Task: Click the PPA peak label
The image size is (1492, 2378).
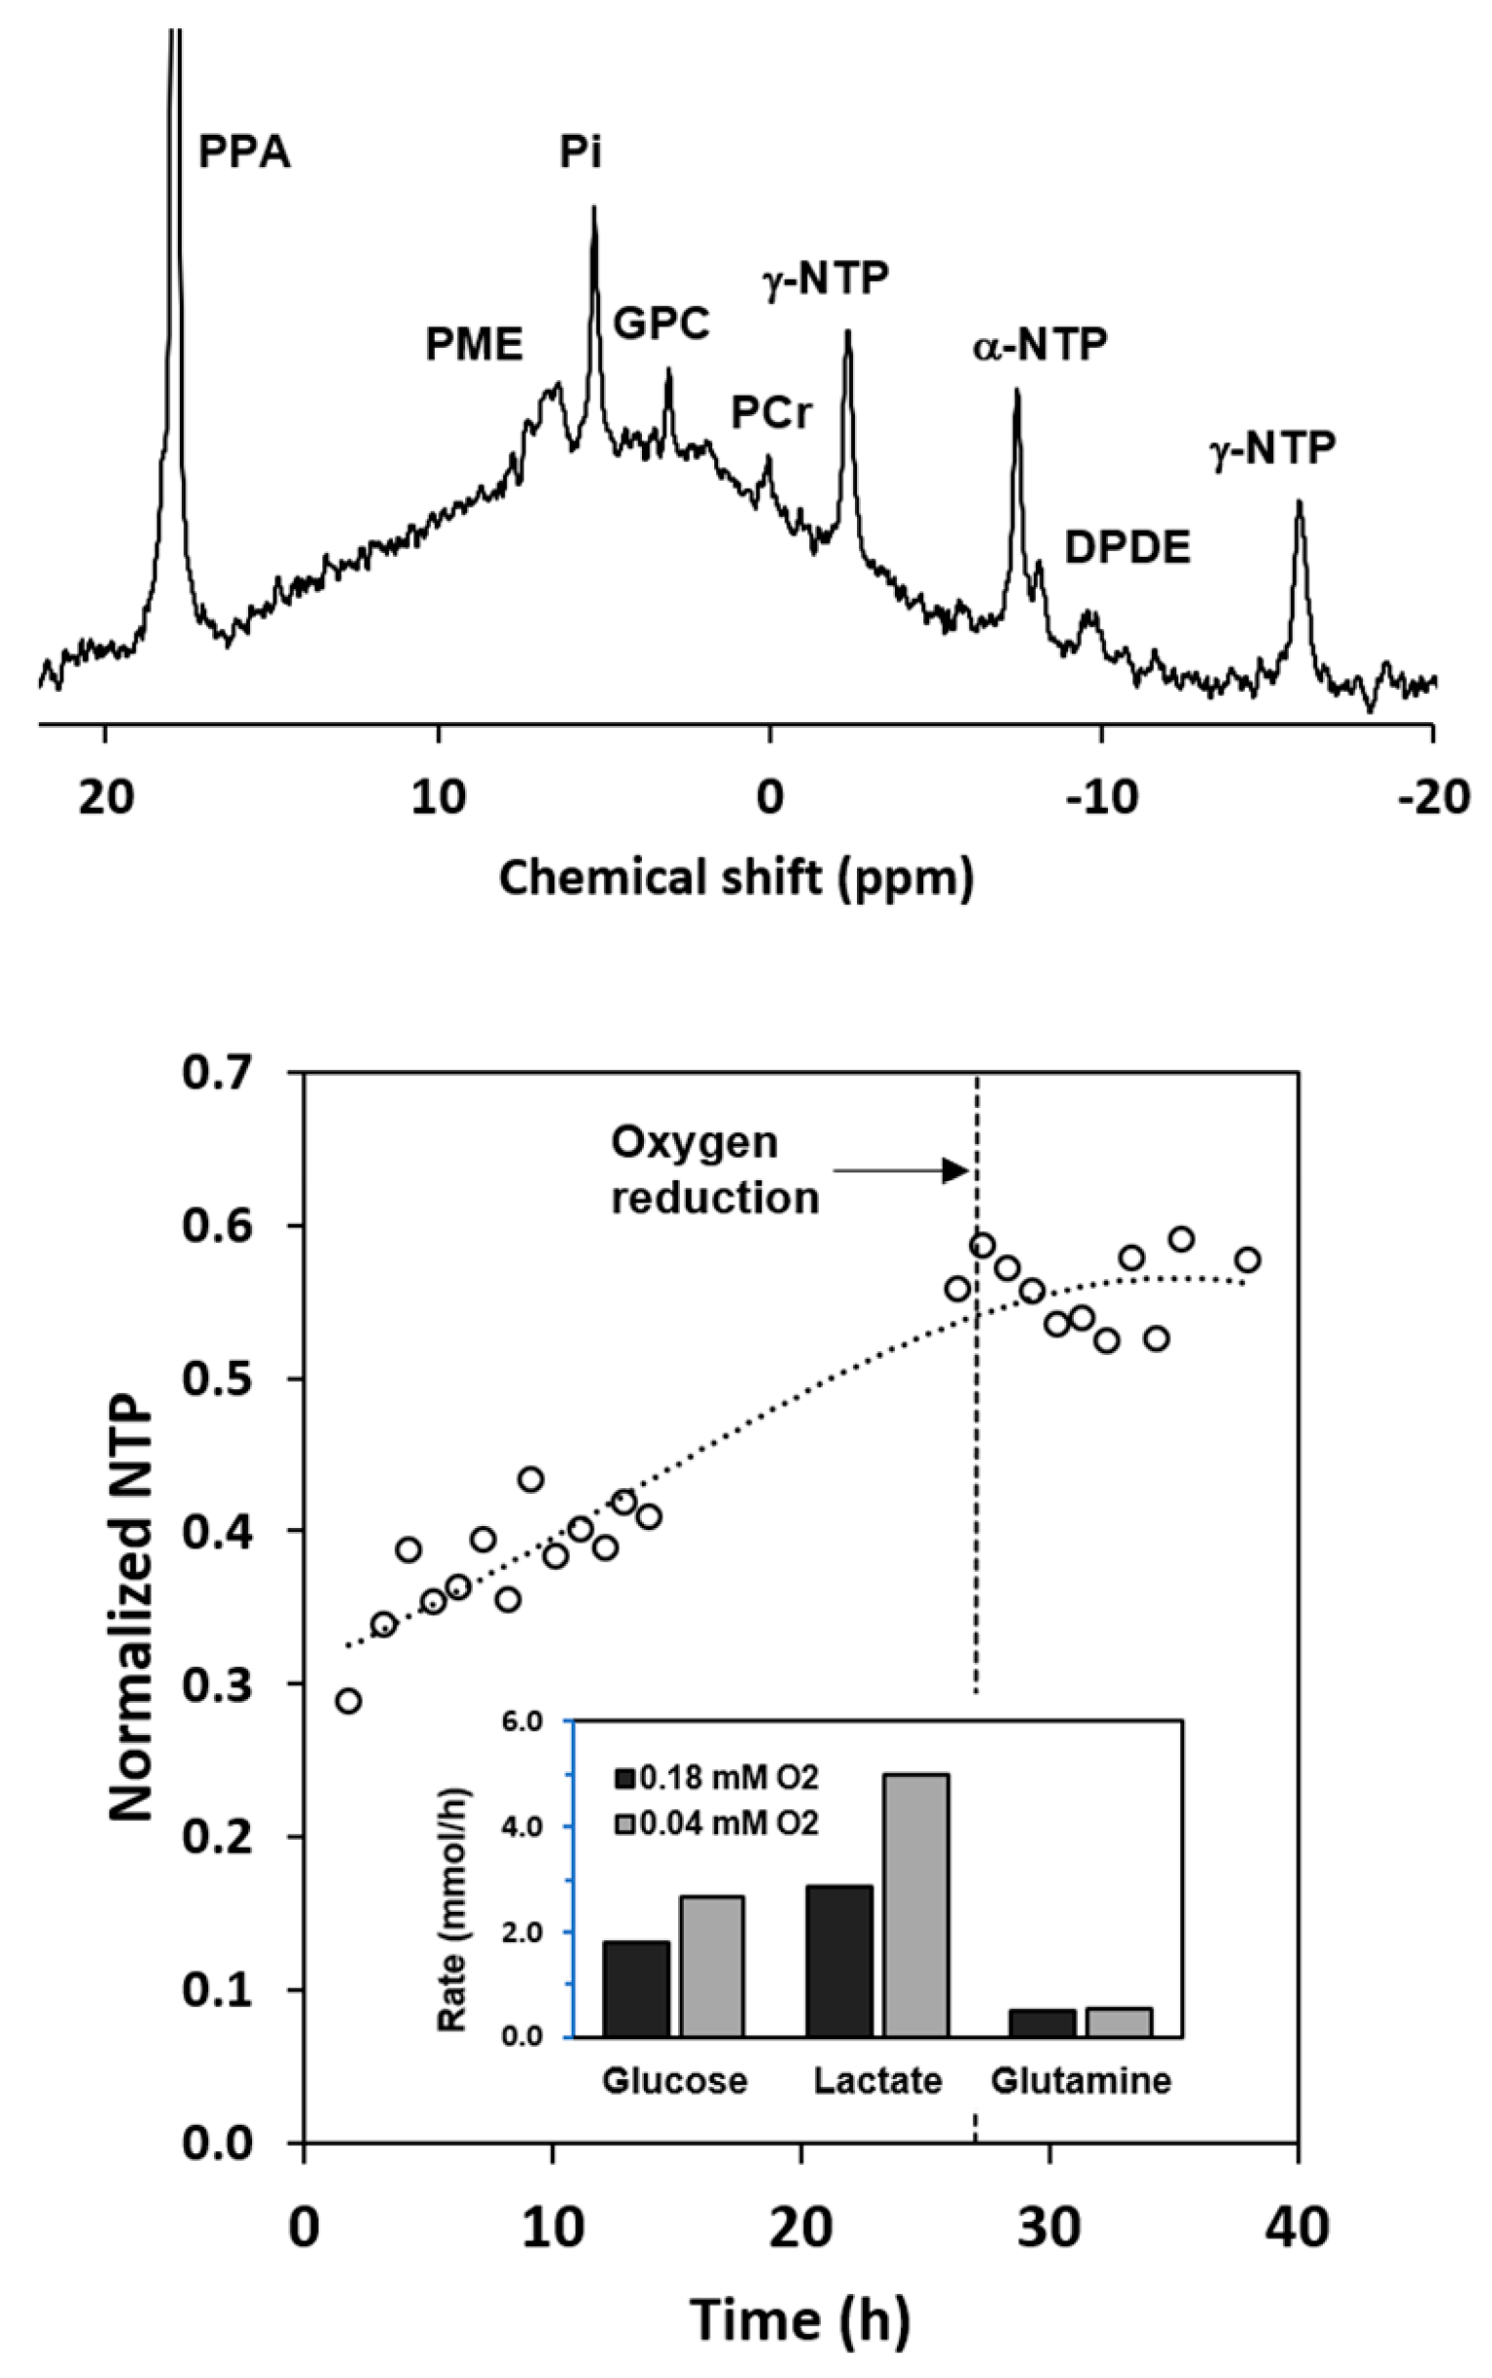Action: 243,154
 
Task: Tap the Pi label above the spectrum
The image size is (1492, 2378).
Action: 580,153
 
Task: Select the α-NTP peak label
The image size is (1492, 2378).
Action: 1040,345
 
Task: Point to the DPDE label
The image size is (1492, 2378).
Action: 1127,548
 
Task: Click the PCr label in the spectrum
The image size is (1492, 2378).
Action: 772,412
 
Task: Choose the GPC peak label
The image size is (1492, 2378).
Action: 661,323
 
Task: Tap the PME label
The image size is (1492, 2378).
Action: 474,344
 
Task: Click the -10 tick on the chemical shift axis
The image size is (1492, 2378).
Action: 1101,797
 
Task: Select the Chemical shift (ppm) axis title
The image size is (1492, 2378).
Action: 736,877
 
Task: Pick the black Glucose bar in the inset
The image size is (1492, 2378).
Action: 635,1987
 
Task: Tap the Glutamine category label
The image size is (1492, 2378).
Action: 1081,2081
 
